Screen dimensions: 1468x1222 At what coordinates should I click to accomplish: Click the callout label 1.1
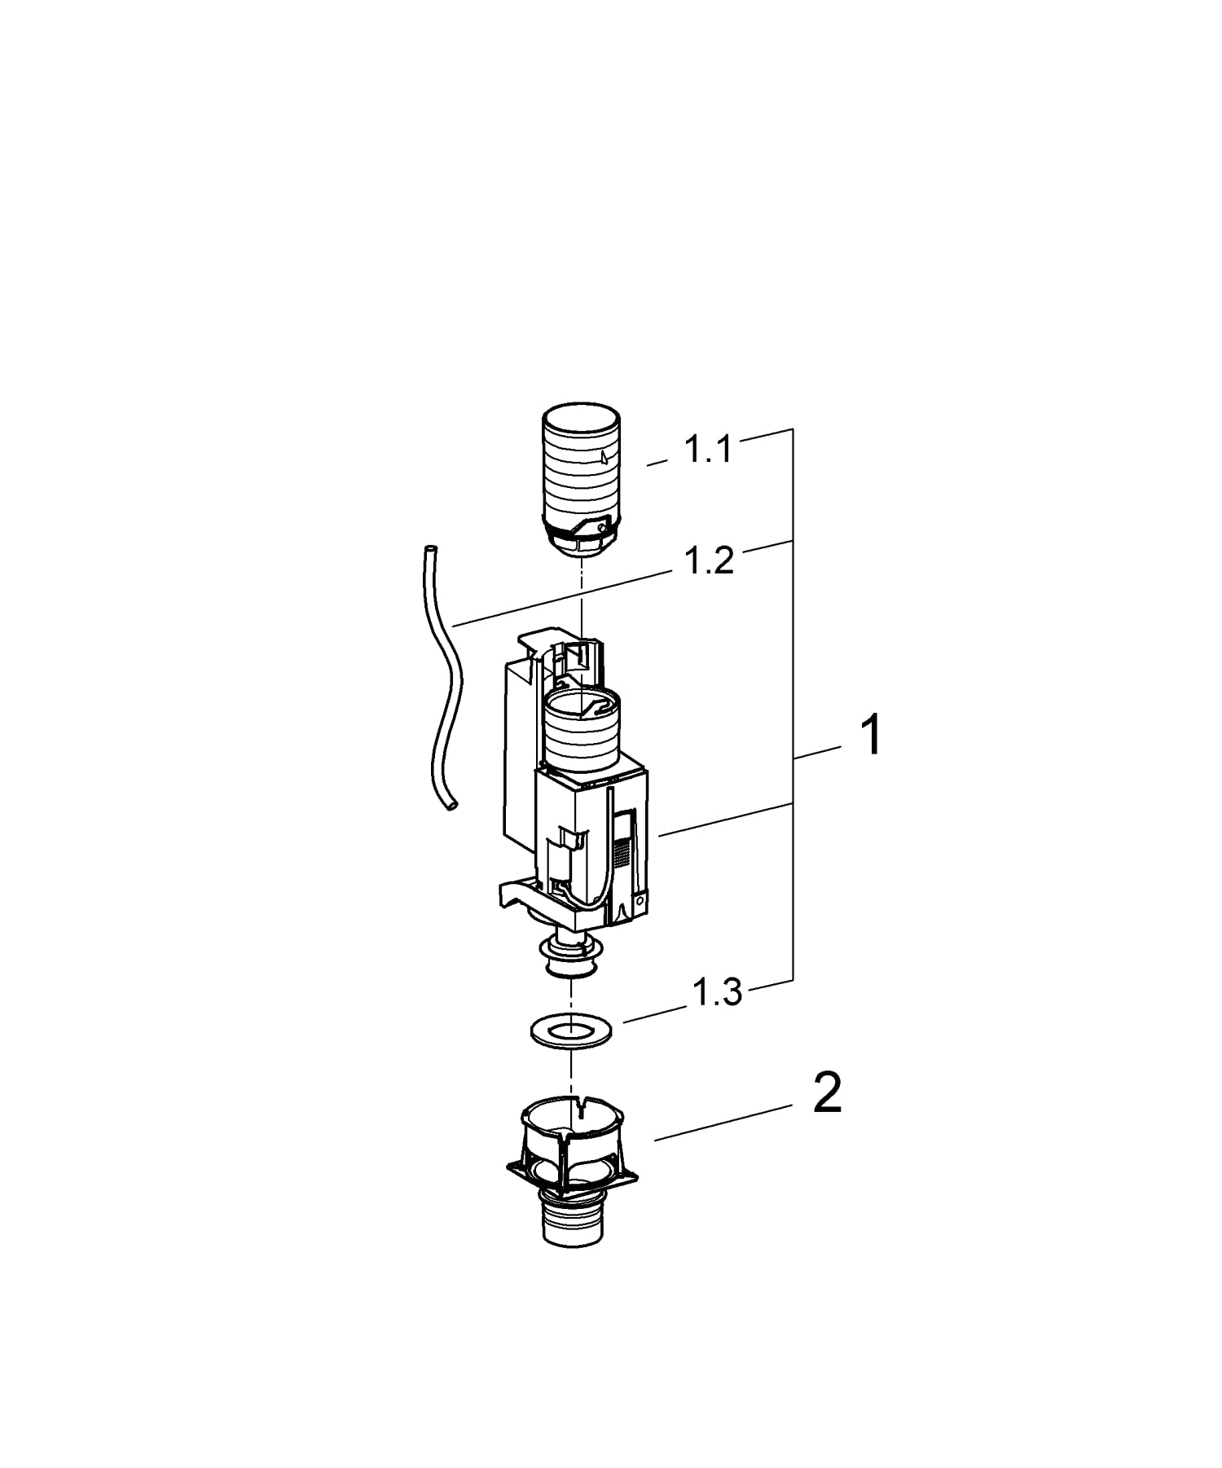click(707, 449)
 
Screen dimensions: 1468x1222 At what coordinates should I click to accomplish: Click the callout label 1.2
click(709, 561)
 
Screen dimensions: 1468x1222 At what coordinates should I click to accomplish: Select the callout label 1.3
click(717, 993)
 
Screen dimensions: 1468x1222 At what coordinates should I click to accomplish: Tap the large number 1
click(871, 735)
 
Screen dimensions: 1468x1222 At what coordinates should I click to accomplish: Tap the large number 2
click(828, 1094)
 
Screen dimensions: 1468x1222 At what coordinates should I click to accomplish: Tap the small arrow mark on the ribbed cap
click(602, 458)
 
